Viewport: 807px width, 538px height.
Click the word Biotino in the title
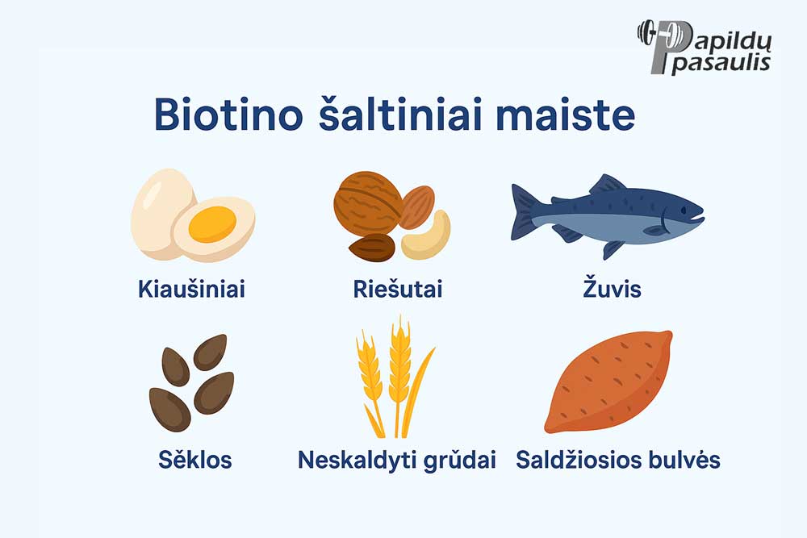(x=228, y=115)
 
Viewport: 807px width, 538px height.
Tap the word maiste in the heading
(x=565, y=115)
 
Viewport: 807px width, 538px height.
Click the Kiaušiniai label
(x=191, y=289)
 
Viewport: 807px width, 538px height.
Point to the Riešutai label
(x=398, y=289)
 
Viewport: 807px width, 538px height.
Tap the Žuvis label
(x=612, y=287)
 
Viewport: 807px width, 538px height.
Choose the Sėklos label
(x=195, y=459)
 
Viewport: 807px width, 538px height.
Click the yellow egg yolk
(x=212, y=224)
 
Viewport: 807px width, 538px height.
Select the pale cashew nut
(x=427, y=237)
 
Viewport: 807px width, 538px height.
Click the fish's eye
(x=683, y=211)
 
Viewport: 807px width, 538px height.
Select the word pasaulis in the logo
(x=721, y=64)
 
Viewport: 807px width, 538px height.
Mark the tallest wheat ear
(x=399, y=360)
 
